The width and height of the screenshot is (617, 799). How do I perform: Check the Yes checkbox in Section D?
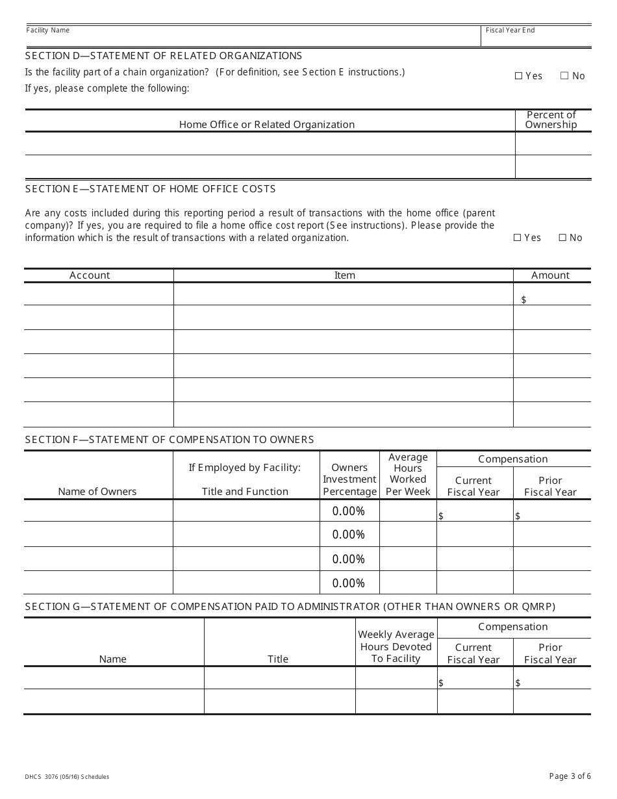[518, 76]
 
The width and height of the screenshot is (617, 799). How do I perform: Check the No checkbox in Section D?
[564, 76]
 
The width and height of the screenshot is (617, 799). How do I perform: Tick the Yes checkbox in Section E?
[518, 238]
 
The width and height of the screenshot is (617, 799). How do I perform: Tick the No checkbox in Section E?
[562, 238]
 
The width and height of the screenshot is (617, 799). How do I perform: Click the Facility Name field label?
[47, 31]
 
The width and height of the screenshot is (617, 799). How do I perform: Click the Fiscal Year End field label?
[510, 31]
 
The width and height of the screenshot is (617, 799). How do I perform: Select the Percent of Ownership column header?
[551, 120]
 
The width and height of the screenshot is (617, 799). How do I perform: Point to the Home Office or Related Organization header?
[267, 125]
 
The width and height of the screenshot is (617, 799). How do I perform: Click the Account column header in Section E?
[90, 275]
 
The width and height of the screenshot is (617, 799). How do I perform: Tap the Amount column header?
[550, 275]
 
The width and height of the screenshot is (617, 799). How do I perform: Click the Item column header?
[344, 275]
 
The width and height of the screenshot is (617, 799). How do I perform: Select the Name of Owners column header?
[97, 492]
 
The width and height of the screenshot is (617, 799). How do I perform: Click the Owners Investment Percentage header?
[349, 479]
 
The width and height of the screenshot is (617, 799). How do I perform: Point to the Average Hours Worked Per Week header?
[408, 474]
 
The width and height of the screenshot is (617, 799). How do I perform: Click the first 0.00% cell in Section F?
[349, 511]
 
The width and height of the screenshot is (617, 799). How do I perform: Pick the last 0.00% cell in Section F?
[349, 583]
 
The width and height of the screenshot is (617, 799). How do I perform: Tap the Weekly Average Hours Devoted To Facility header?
[396, 646]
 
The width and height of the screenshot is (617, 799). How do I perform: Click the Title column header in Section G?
[278, 659]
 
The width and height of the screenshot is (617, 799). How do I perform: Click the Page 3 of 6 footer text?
[570, 776]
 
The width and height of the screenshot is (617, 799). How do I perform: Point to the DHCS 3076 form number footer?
[67, 777]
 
